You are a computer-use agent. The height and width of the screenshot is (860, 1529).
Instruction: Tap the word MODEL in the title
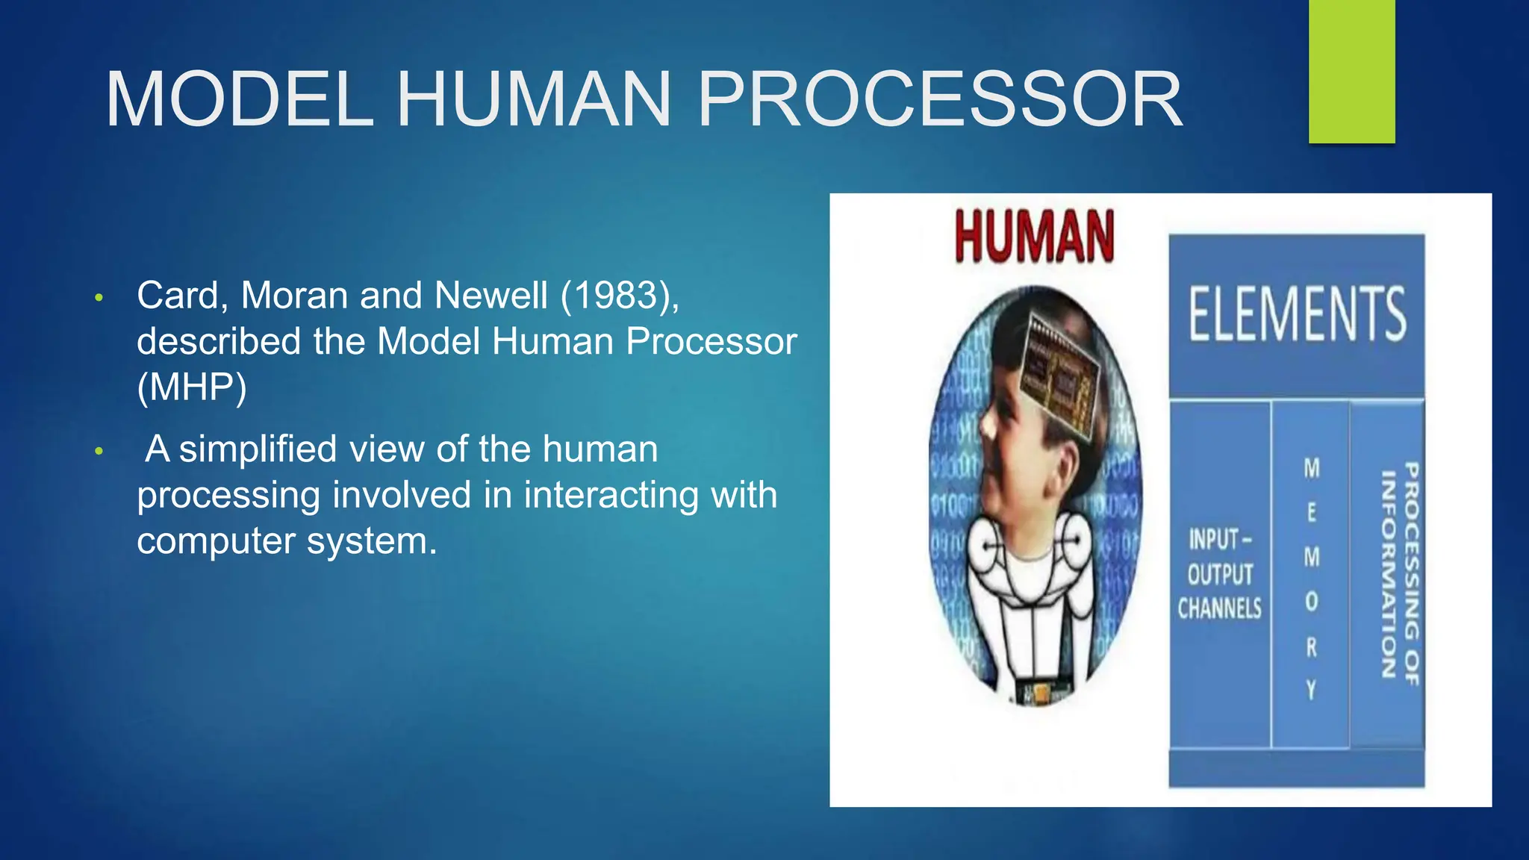pos(239,100)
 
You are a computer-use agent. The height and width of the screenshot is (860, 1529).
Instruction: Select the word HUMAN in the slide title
pos(534,100)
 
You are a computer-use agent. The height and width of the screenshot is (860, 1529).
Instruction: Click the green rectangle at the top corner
pos(1351,71)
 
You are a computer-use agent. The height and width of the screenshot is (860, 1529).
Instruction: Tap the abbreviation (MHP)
pos(192,387)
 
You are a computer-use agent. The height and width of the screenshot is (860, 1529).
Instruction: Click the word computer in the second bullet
pos(216,541)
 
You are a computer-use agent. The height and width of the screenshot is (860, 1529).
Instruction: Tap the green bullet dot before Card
pos(99,299)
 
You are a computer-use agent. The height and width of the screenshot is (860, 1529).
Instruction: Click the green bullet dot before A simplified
pos(99,452)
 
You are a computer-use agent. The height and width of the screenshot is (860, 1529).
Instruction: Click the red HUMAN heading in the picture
pos(1034,237)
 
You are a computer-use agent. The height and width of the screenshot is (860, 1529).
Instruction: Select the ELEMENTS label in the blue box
pos(1297,314)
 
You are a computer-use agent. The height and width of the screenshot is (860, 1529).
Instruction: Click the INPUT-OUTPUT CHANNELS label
pos(1220,573)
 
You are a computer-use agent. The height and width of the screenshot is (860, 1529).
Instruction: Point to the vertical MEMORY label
pos(1312,579)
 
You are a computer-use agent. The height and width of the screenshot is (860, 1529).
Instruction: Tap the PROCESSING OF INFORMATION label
pos(1399,573)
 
